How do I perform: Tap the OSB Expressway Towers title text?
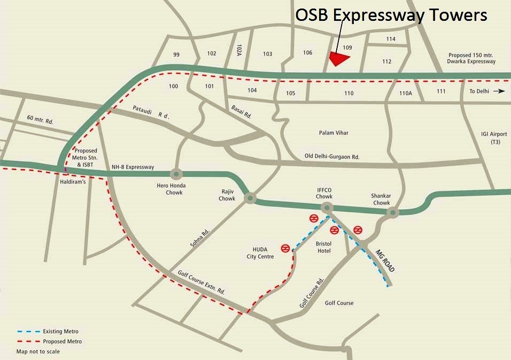pos(391,16)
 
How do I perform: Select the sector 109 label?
pos(347,48)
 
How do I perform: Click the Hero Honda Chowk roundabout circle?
pos(177,174)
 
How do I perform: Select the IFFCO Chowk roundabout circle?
pos(327,207)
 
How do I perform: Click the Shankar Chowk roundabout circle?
pos(393,213)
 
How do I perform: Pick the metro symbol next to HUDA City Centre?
pos(286,249)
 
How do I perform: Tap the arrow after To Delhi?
pos(499,91)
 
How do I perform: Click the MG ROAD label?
pos(385,260)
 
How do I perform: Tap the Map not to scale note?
pos(38,351)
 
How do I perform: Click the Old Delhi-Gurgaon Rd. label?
pos(332,156)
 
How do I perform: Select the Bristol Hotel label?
pos(324,247)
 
